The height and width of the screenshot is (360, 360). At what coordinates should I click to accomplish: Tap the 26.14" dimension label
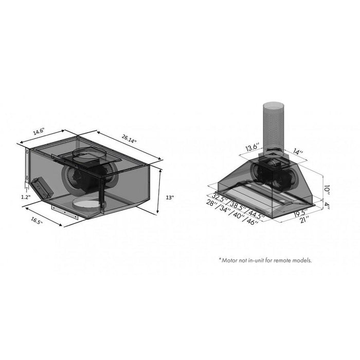tap(130, 139)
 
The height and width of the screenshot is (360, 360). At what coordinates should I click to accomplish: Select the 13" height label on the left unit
tap(170, 197)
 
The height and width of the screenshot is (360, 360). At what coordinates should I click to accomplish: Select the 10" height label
tap(326, 189)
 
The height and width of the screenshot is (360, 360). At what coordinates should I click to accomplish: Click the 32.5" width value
tap(219, 196)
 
